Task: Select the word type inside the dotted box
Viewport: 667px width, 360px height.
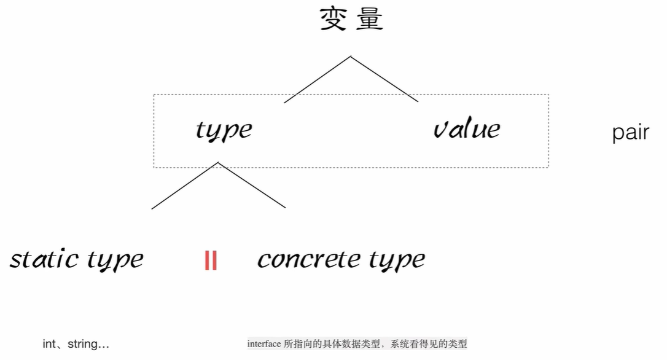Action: click(224, 130)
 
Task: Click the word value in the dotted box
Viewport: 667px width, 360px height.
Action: click(467, 129)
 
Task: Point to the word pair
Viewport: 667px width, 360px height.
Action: click(630, 133)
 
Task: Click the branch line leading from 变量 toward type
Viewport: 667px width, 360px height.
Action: click(317, 80)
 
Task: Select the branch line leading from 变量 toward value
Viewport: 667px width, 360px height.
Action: click(384, 79)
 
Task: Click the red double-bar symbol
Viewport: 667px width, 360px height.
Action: click(211, 261)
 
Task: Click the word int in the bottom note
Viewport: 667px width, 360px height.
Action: click(49, 344)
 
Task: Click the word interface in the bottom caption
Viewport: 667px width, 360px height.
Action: click(264, 344)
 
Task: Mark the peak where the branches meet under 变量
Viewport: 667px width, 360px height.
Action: click(351, 57)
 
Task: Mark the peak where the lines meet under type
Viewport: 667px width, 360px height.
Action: click(218, 162)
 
